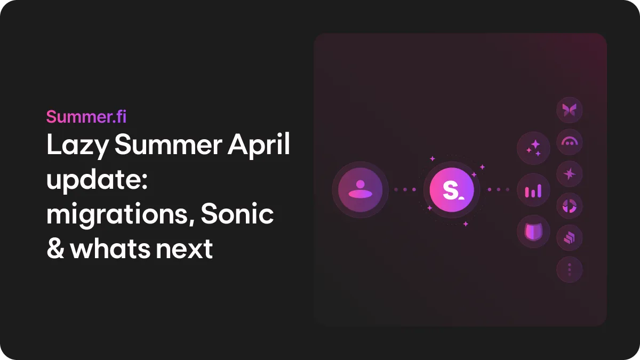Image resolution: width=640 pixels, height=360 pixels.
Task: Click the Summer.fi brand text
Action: click(86, 116)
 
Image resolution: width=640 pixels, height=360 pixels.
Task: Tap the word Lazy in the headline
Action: click(77, 146)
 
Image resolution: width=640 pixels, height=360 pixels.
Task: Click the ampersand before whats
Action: click(55, 249)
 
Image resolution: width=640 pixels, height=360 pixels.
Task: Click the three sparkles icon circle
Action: click(533, 147)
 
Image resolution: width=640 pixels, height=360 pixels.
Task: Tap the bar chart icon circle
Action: click(533, 190)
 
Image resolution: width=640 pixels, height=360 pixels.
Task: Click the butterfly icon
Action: click(570, 110)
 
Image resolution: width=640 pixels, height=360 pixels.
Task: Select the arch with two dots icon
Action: click(570, 142)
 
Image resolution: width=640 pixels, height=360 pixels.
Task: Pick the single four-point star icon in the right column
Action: click(570, 174)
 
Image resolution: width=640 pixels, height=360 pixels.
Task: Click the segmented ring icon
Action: click(570, 206)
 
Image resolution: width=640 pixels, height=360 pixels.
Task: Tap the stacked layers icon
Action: click(570, 238)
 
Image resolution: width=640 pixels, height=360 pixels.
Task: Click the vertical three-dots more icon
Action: click(570, 270)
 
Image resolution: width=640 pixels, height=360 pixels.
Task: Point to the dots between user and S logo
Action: click(404, 189)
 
